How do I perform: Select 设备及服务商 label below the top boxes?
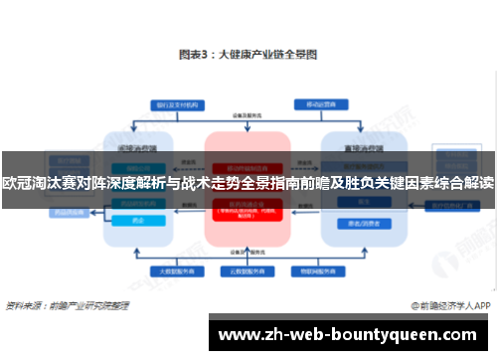pos(248,119)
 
